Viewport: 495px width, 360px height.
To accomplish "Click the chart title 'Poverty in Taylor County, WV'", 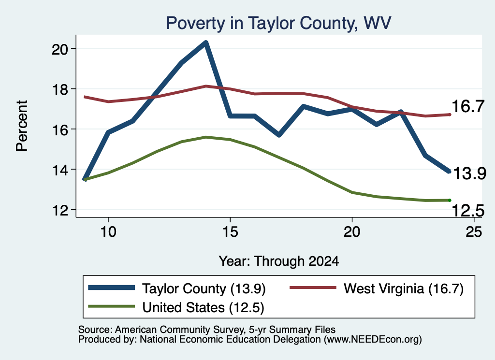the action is click(278, 23).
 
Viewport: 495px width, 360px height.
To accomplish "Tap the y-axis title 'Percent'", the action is click(22, 126).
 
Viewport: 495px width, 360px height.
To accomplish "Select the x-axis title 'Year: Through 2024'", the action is click(279, 261).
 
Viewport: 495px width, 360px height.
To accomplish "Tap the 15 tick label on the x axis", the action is click(230, 232).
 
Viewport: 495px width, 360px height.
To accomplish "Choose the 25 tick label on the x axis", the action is click(474, 232).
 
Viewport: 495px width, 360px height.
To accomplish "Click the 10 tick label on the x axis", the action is click(108, 232).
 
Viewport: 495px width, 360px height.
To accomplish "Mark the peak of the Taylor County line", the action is click(206, 42).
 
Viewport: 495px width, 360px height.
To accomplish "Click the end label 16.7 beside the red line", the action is click(468, 106).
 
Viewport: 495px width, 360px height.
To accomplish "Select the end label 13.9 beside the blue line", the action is click(469, 173).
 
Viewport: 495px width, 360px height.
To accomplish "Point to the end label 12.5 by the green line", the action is click(468, 211).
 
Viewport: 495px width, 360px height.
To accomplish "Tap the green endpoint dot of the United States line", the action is click(450, 201).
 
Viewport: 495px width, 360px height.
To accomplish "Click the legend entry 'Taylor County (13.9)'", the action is click(204, 288).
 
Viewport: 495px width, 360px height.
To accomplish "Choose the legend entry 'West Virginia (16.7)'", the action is click(404, 288).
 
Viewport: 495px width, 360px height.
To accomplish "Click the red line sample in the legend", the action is click(313, 288).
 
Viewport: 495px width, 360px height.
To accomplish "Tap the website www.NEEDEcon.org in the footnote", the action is click(372, 340).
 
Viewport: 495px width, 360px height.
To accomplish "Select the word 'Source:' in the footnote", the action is click(95, 330).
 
